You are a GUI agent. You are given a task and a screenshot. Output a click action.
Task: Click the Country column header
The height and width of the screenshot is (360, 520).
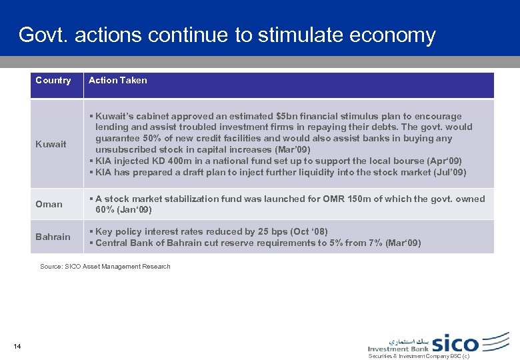(x=53, y=80)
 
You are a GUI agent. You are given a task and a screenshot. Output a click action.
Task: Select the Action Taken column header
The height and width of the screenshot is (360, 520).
(x=117, y=80)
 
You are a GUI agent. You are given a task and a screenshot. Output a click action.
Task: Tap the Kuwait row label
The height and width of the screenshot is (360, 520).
(x=51, y=144)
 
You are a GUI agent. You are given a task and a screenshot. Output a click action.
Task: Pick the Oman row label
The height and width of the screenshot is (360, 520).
(x=49, y=204)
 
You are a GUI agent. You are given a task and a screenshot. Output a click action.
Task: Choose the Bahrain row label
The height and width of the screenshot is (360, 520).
(x=53, y=237)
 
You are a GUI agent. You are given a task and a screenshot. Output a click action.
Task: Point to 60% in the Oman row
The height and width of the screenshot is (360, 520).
(x=105, y=210)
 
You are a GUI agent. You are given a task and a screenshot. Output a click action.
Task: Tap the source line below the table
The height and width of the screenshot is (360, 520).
(x=105, y=267)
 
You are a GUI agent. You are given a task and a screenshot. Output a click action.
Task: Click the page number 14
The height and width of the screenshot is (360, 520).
(x=17, y=345)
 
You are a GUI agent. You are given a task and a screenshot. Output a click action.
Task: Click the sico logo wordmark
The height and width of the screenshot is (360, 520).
(x=456, y=343)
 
